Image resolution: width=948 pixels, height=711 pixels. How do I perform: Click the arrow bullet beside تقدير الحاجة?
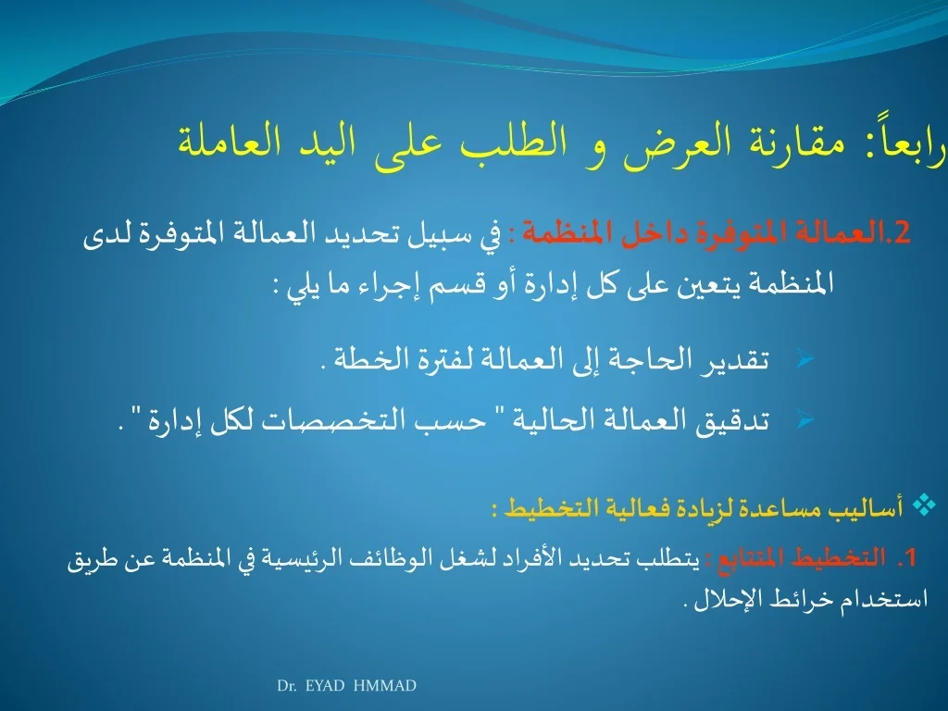805,360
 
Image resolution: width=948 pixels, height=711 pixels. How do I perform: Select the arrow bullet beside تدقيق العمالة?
805,419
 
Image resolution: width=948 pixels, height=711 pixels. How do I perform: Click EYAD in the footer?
325,686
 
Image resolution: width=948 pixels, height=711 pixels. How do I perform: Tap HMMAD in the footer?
384,686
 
